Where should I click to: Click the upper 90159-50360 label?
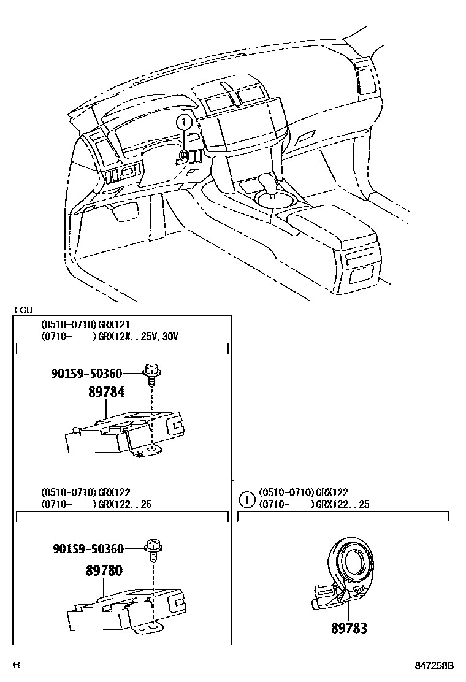[x=86, y=373]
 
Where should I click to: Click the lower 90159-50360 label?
[x=86, y=548]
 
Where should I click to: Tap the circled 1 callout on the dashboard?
[x=183, y=122]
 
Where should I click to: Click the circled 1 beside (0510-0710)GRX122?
[x=246, y=499]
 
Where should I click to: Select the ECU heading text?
[x=23, y=310]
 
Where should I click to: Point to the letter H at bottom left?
[x=17, y=665]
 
